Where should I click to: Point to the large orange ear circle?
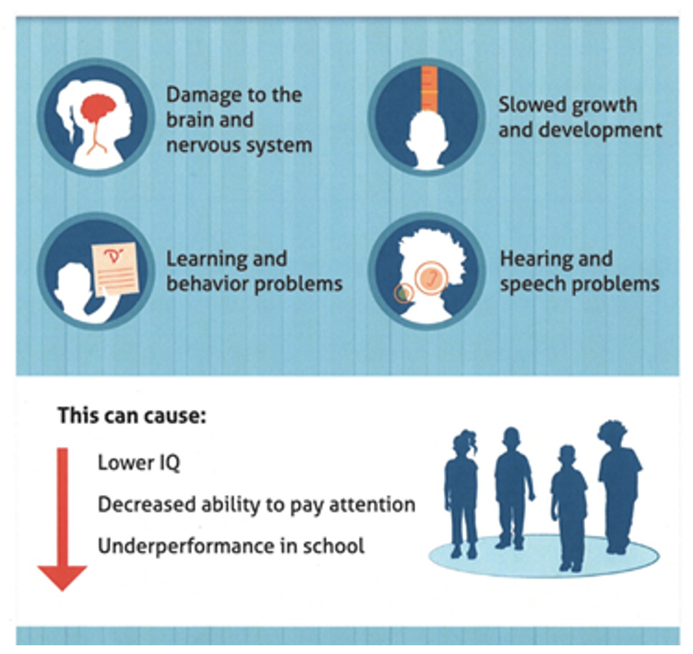[430, 278]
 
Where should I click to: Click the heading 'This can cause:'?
[131, 415]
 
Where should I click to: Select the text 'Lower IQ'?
[138, 463]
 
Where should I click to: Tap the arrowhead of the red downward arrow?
[62, 576]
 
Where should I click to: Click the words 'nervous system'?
[238, 145]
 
